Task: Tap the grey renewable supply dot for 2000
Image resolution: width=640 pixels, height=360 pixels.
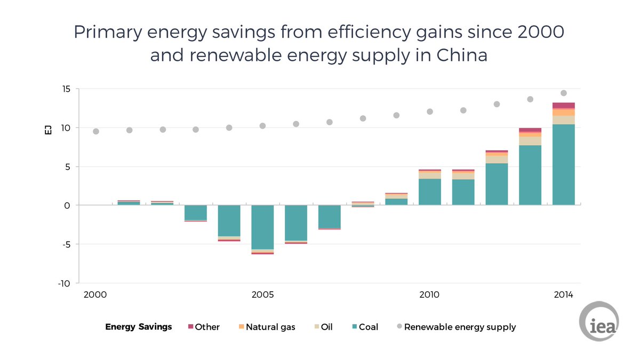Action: pos(96,131)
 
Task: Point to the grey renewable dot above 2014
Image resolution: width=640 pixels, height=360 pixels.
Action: pos(563,93)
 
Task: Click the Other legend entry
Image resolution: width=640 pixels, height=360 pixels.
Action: pos(204,327)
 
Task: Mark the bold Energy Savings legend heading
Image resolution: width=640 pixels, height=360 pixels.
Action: pos(139,327)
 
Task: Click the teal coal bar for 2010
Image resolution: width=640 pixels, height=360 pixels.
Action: pos(429,192)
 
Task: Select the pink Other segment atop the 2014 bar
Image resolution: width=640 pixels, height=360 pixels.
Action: pos(563,106)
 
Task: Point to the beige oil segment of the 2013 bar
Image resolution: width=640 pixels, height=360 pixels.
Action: pos(530,141)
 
